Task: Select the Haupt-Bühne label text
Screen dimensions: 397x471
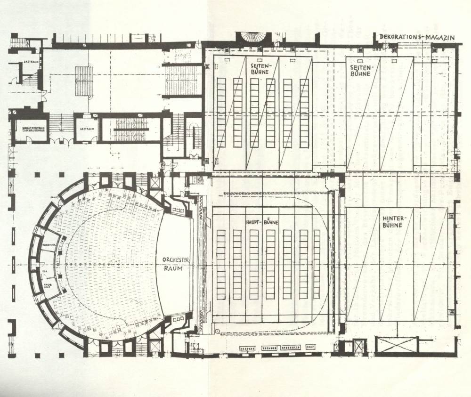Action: click(261, 221)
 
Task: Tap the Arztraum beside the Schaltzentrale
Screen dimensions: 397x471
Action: click(86, 128)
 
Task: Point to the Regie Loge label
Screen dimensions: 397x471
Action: click(48, 285)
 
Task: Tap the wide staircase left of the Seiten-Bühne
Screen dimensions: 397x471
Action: click(182, 80)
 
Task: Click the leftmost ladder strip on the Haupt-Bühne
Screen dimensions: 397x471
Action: click(220, 264)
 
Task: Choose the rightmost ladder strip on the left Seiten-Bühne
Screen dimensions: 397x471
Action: click(304, 113)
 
